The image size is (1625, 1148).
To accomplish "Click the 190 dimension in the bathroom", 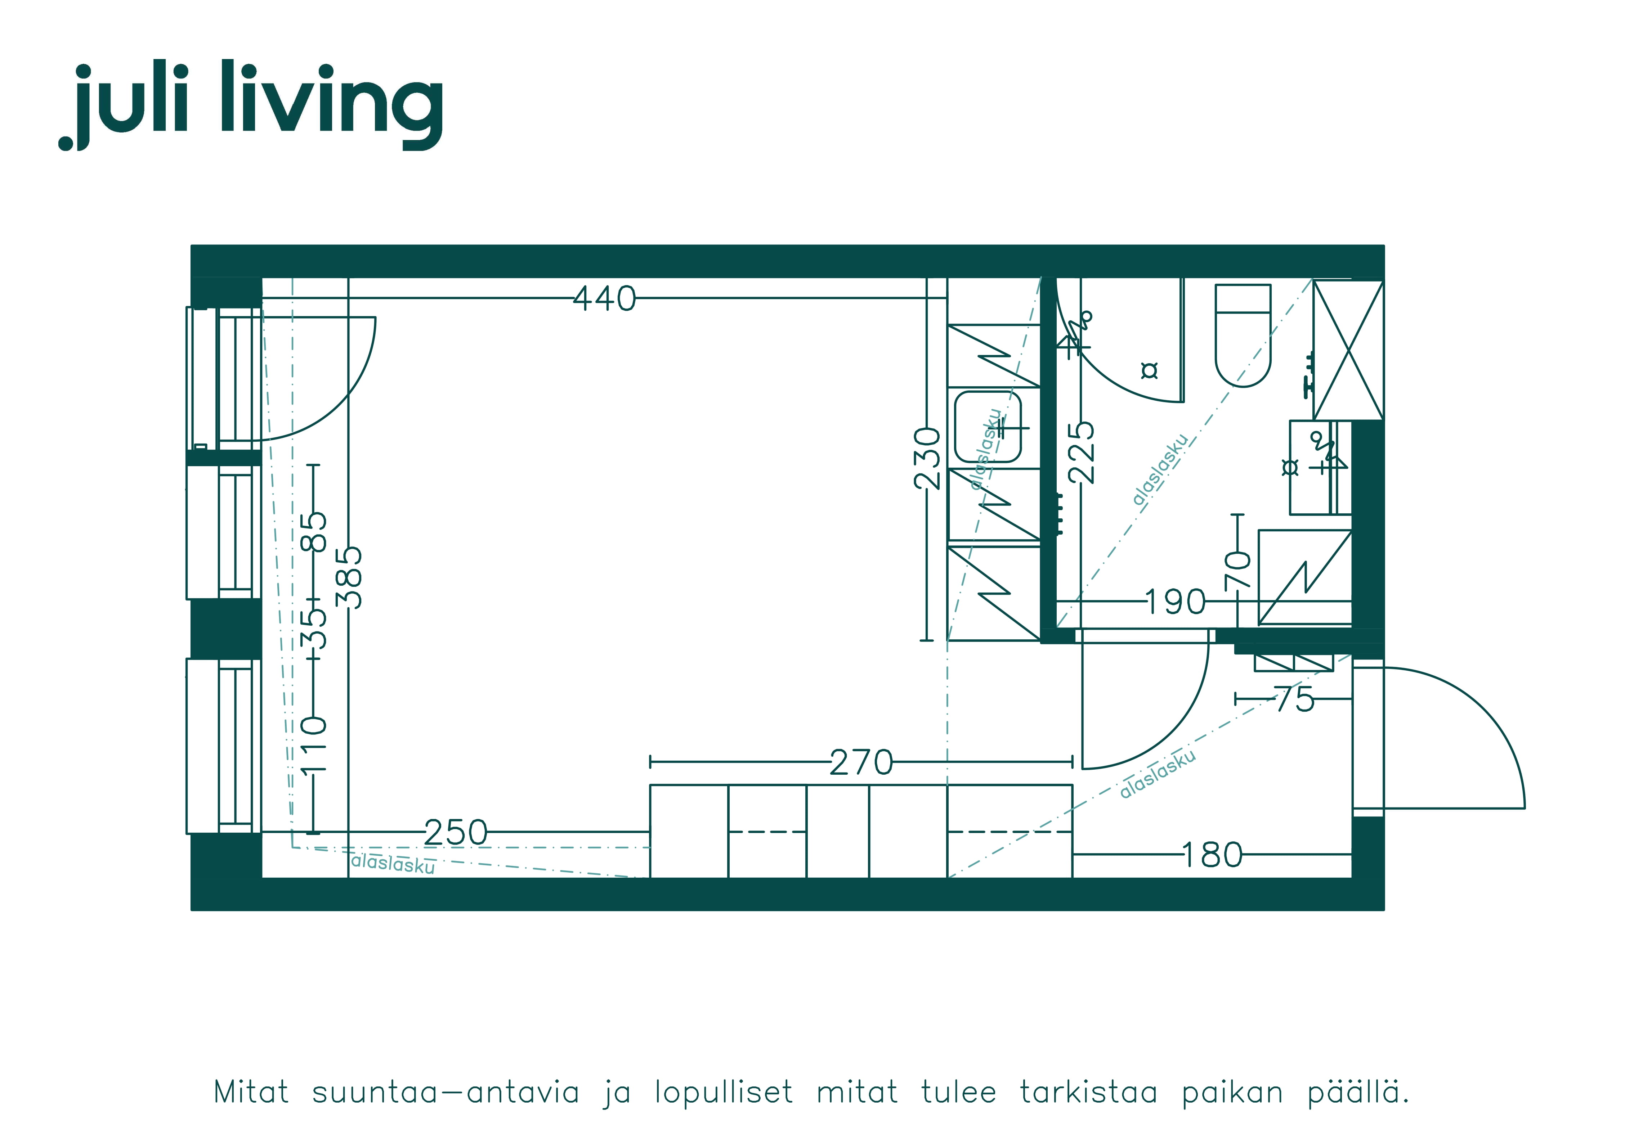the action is click(x=1176, y=602).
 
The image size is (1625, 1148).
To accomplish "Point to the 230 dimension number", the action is click(x=927, y=458).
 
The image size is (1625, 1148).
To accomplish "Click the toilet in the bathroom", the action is click(x=1243, y=335).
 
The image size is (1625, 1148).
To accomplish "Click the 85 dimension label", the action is click(x=315, y=532).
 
